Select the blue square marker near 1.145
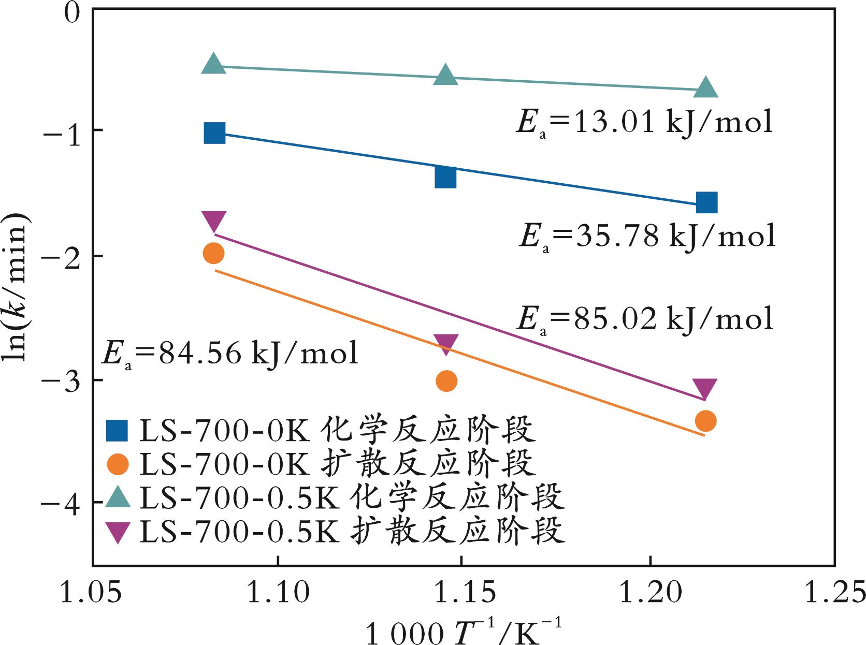coord(445,177)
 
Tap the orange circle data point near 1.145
coord(446,382)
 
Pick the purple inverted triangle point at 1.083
coord(214,222)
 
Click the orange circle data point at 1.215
coord(705,421)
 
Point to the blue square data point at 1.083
coord(214,133)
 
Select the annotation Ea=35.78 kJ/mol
coord(647,236)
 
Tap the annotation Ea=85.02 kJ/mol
coord(644,318)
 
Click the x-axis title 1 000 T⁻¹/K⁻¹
coord(463,631)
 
